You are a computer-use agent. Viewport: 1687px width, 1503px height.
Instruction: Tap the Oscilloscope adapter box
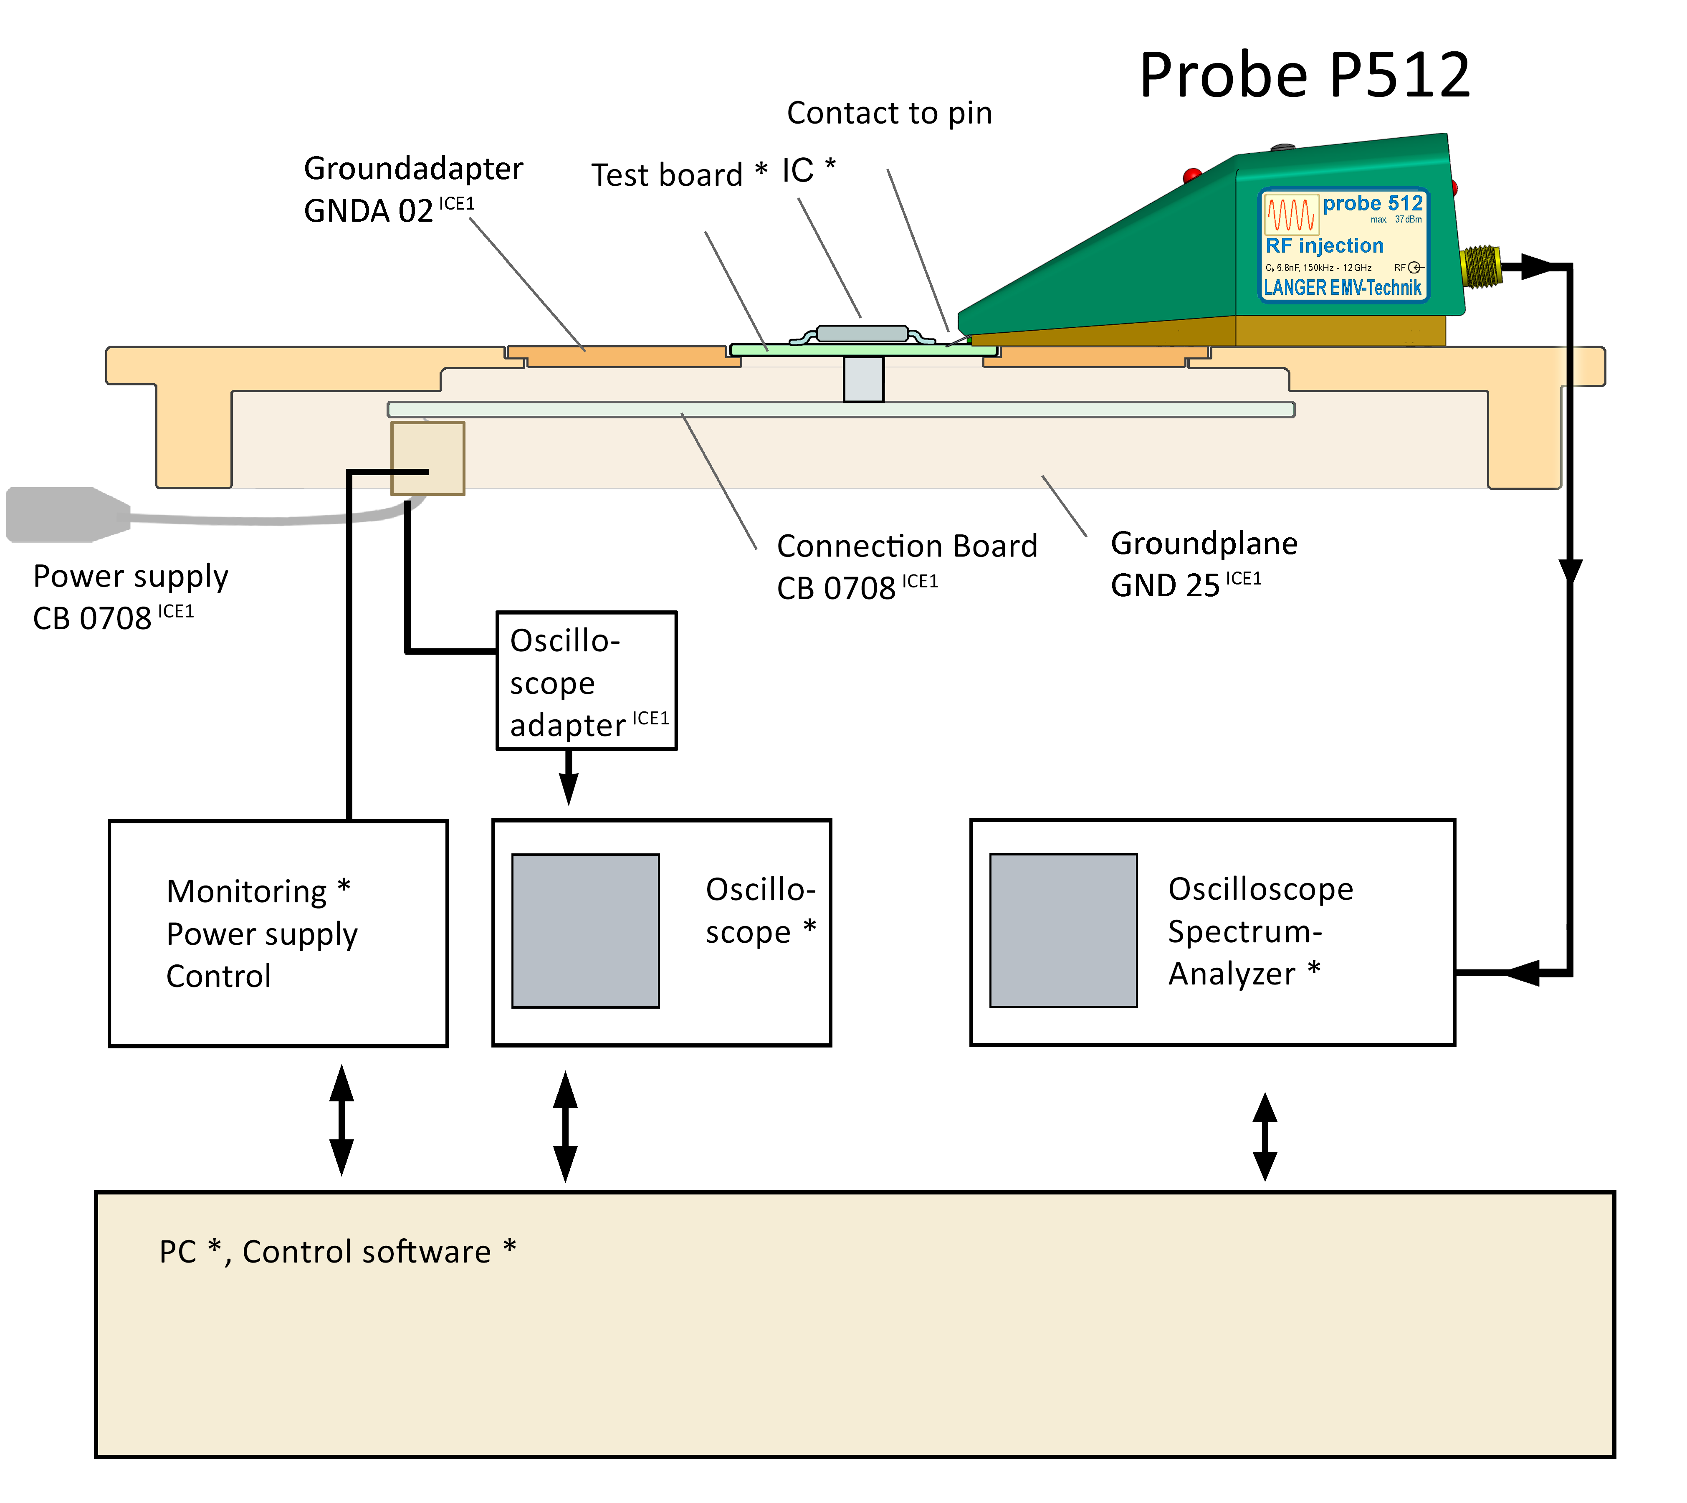point(586,681)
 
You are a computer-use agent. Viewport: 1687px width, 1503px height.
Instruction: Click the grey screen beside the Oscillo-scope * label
point(585,931)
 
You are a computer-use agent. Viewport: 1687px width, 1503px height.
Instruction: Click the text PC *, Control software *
point(337,1252)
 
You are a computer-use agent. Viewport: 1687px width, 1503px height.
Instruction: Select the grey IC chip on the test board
point(861,334)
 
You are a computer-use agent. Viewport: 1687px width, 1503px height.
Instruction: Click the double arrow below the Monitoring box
point(341,1120)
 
